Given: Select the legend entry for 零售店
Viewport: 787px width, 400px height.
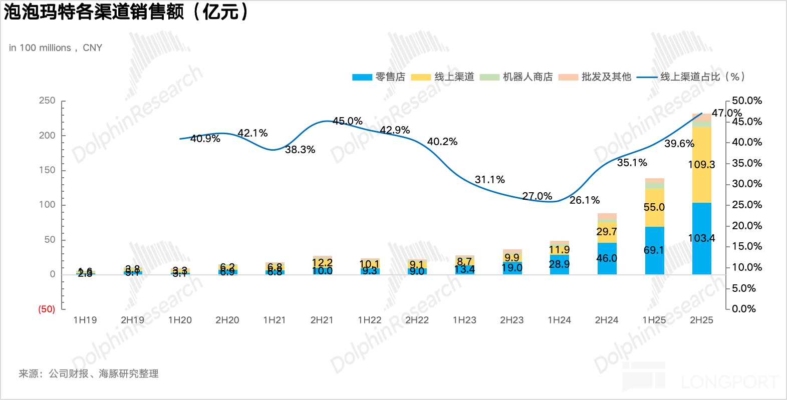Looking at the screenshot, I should click(x=379, y=77).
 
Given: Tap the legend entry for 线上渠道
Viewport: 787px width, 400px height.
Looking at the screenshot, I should click(x=442, y=77).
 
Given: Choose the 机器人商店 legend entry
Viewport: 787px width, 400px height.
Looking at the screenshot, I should click(x=516, y=77).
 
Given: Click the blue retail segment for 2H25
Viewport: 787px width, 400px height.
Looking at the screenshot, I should click(x=701, y=238).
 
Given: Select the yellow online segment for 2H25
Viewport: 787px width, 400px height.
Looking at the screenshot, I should click(x=701, y=164).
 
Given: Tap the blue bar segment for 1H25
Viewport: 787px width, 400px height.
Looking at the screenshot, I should click(x=654, y=250).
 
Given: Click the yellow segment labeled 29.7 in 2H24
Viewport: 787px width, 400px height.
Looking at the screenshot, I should click(x=607, y=232).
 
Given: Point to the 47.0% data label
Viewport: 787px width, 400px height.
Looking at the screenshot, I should click(x=726, y=113).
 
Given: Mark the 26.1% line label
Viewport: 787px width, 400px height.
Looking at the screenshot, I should click(x=584, y=200).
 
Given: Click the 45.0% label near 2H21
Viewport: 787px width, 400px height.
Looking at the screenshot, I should click(x=347, y=121).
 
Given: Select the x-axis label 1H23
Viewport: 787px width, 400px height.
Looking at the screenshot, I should click(x=464, y=320).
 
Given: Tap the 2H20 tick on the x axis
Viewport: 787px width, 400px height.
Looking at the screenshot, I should click(x=227, y=320).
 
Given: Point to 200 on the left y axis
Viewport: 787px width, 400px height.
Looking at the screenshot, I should click(x=47, y=135).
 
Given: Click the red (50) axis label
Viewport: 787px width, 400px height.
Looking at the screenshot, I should click(x=47, y=309).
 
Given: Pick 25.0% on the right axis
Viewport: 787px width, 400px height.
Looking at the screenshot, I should click(x=746, y=205).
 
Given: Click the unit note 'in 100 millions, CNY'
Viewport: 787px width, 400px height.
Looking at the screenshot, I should click(x=56, y=48).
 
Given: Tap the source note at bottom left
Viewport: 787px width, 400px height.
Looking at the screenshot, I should click(x=89, y=373).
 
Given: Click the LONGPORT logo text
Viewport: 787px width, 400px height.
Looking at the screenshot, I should click(x=729, y=382).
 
